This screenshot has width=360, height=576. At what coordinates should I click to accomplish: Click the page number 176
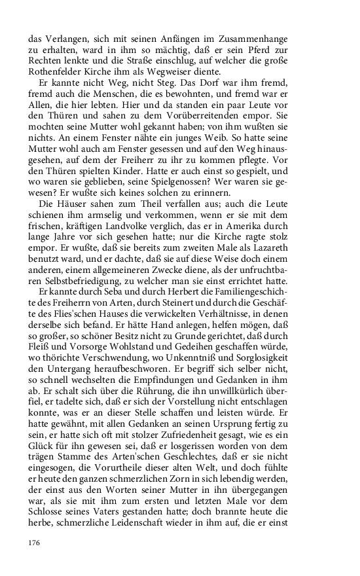point(35,543)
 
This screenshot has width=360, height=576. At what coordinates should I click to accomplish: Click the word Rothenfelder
point(58,72)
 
